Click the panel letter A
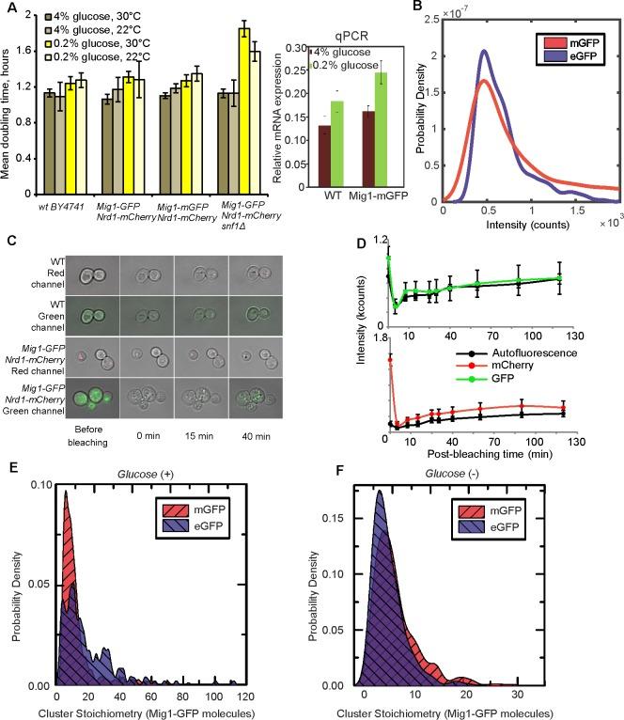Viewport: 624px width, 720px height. (8, 8)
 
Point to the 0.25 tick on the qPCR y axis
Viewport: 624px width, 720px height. (297, 74)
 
